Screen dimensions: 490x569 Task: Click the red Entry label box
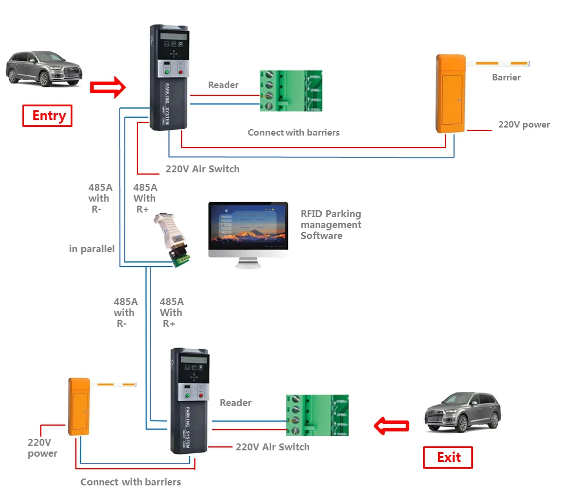click(x=48, y=115)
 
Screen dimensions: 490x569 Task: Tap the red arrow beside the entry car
click(x=108, y=87)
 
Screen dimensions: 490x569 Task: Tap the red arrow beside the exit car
click(x=391, y=426)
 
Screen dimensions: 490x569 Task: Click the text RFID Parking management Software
click(x=330, y=225)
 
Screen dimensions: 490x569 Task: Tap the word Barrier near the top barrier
click(x=506, y=78)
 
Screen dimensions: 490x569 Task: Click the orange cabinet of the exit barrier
click(x=79, y=406)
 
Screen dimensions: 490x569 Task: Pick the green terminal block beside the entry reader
click(x=290, y=91)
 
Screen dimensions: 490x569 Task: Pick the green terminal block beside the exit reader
click(x=317, y=415)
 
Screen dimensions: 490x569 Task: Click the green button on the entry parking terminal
click(x=166, y=71)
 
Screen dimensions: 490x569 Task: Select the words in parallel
click(x=92, y=249)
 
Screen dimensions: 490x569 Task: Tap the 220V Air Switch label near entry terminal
click(x=202, y=169)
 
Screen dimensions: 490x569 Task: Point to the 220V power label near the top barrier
click(x=524, y=125)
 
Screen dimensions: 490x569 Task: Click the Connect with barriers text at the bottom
click(x=130, y=482)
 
